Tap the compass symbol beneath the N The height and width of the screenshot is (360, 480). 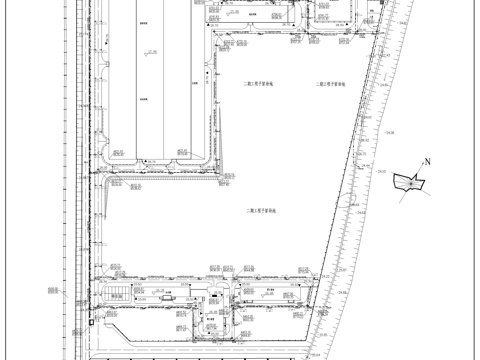[x=411, y=181]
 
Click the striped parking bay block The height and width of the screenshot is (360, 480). [x=118, y=293]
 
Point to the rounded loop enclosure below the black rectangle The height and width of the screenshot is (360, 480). [x=213, y=320]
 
